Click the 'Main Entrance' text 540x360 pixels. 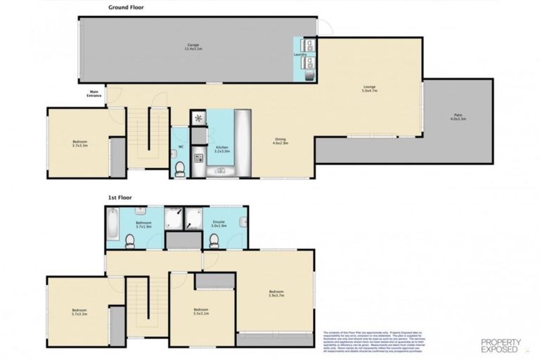(x=94, y=94)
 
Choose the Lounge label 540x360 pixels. (x=369, y=89)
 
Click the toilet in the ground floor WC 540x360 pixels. (x=180, y=167)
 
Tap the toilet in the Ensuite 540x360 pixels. (x=214, y=241)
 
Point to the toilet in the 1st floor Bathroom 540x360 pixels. (x=129, y=241)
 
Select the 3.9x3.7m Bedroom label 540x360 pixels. (x=276, y=293)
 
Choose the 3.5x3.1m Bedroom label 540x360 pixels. (x=201, y=311)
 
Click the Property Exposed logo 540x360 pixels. (x=501, y=345)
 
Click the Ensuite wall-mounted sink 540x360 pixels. (x=243, y=223)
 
